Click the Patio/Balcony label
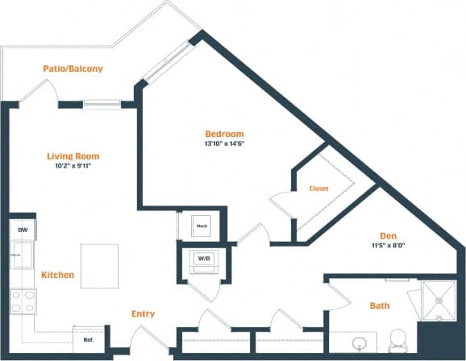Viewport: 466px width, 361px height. [73, 69]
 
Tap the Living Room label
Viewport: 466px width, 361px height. [73, 156]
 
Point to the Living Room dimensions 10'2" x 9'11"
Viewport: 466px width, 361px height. [73, 166]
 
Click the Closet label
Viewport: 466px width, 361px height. [318, 189]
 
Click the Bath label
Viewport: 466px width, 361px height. [379, 305]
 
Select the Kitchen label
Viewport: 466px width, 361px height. [58, 275]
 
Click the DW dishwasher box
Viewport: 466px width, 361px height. [22, 230]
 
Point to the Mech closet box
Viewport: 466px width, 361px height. [202, 226]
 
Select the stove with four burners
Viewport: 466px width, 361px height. [22, 301]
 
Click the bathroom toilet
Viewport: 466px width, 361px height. [397, 340]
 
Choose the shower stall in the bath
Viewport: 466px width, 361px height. [439, 301]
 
